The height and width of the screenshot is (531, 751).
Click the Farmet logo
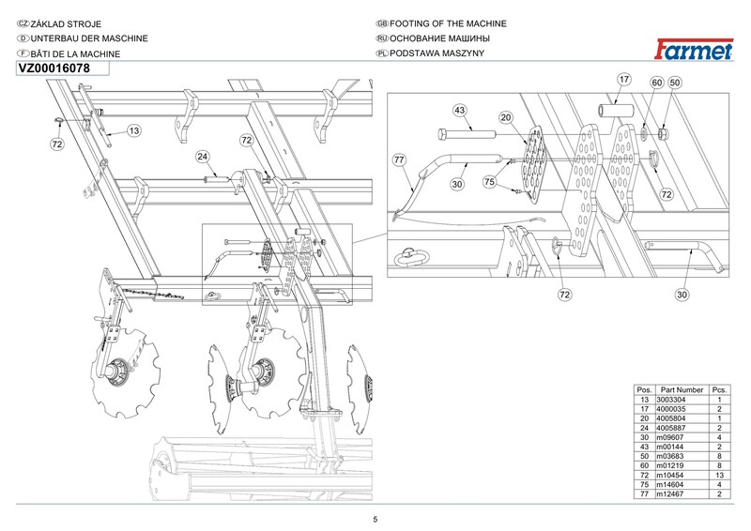(694, 50)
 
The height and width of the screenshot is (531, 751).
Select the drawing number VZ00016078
(54, 68)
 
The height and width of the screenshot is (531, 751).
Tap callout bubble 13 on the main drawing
(134, 130)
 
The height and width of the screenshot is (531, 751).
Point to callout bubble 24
(203, 157)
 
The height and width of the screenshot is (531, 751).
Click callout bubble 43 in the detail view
(459, 111)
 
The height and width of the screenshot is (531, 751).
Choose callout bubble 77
(399, 159)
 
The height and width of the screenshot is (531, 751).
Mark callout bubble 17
(623, 80)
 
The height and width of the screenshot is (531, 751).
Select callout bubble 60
(656, 83)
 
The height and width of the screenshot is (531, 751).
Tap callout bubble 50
(674, 83)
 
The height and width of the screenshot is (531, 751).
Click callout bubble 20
(506, 118)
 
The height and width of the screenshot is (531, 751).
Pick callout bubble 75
(489, 182)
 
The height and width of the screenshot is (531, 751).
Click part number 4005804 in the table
(670, 418)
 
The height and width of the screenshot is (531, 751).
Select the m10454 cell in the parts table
(669, 475)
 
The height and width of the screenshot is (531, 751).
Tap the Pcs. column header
(719, 389)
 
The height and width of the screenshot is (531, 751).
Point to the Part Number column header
(682, 389)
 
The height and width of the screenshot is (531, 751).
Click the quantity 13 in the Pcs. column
(719, 475)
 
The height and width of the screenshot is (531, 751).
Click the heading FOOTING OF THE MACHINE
(448, 23)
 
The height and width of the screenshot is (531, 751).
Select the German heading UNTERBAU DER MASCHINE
(89, 38)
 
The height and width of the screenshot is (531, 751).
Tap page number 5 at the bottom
(375, 520)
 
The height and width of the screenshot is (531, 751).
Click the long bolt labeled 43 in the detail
(467, 134)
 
